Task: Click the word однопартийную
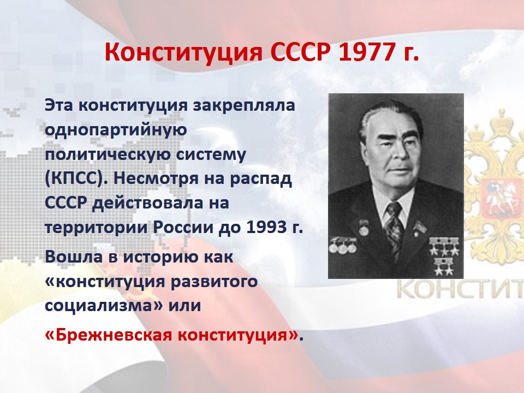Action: [x=116, y=130]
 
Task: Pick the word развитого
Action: [x=214, y=282]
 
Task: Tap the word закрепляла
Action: [x=245, y=105]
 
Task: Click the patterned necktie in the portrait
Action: [x=394, y=230]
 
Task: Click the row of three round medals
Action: [x=343, y=247]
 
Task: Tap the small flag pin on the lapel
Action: [x=419, y=227]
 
